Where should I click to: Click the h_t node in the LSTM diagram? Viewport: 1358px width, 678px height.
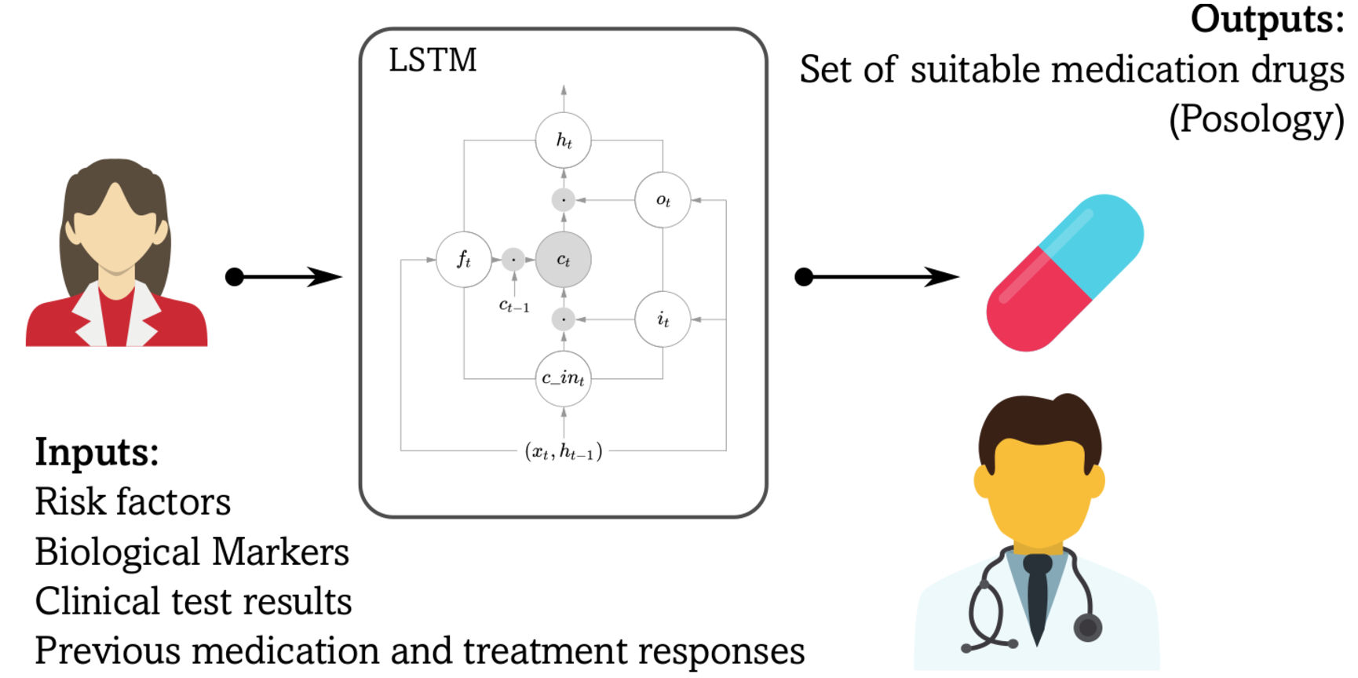564,140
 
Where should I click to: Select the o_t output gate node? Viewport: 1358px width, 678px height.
663,200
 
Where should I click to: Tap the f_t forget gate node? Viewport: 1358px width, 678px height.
464,260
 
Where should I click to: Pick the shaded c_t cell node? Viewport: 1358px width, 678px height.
564,260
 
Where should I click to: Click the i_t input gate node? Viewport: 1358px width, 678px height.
663,319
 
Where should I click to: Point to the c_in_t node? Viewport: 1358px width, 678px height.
564,379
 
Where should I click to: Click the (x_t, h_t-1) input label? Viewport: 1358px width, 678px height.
564,451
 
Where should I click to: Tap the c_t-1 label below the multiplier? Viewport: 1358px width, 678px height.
514,306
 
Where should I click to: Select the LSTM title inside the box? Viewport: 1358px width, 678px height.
433,60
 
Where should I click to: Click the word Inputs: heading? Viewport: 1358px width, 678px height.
97,453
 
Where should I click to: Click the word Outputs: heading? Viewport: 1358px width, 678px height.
1267,20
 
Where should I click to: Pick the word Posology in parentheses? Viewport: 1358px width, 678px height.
1257,119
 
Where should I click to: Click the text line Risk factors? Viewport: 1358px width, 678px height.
133,502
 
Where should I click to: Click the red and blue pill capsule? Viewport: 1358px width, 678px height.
1064,272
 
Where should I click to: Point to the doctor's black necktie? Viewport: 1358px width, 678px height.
1037,596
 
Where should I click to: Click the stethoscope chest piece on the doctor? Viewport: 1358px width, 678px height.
1087,628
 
